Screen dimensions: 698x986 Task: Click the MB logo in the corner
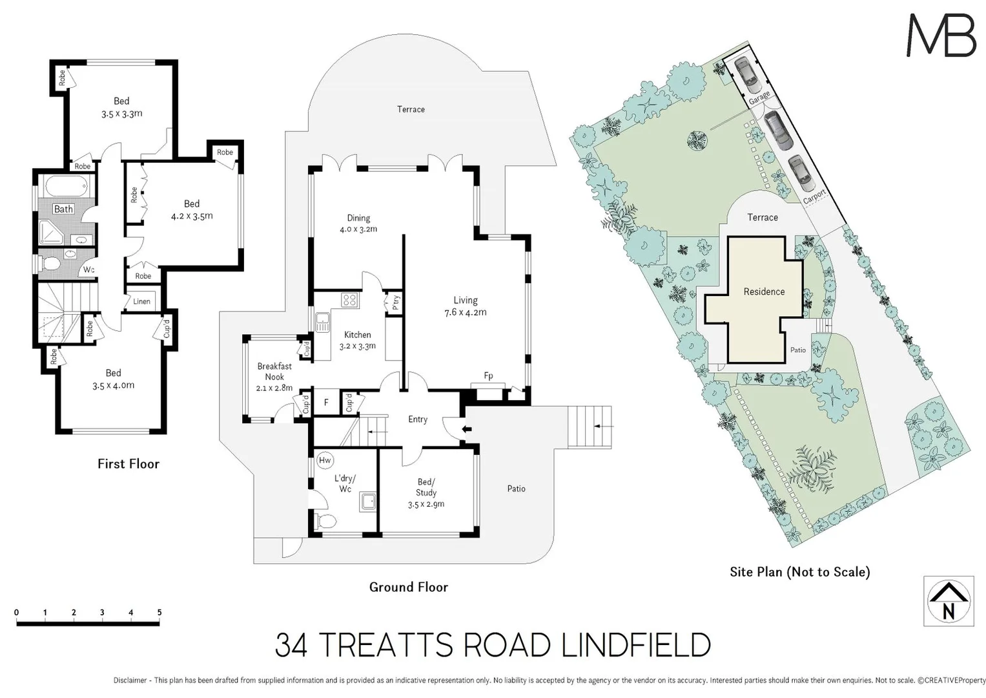pyautogui.click(x=941, y=36)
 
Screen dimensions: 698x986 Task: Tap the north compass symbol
pyautogui.click(x=948, y=601)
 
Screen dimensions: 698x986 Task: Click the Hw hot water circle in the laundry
pyautogui.click(x=325, y=460)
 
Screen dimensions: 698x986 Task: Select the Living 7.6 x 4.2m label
pyautogui.click(x=465, y=306)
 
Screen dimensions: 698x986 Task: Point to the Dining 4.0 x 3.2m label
pyautogui.click(x=358, y=223)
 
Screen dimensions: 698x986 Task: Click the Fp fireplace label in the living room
pyautogui.click(x=488, y=376)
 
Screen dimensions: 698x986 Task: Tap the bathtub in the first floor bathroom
pyautogui.click(x=66, y=187)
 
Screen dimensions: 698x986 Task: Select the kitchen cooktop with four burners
pyautogui.click(x=350, y=300)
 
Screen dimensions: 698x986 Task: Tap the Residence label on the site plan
pyautogui.click(x=764, y=291)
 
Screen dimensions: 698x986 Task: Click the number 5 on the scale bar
pyautogui.click(x=159, y=612)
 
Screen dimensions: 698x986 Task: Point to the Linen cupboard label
pyautogui.click(x=141, y=301)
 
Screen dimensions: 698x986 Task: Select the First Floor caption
pyautogui.click(x=128, y=463)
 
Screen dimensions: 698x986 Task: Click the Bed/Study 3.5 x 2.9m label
pyautogui.click(x=426, y=492)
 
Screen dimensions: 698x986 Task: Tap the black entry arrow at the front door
pyautogui.click(x=466, y=428)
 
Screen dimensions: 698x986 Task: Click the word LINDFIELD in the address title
pyautogui.click(x=635, y=645)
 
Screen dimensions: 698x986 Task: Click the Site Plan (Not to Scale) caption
pyautogui.click(x=799, y=572)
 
